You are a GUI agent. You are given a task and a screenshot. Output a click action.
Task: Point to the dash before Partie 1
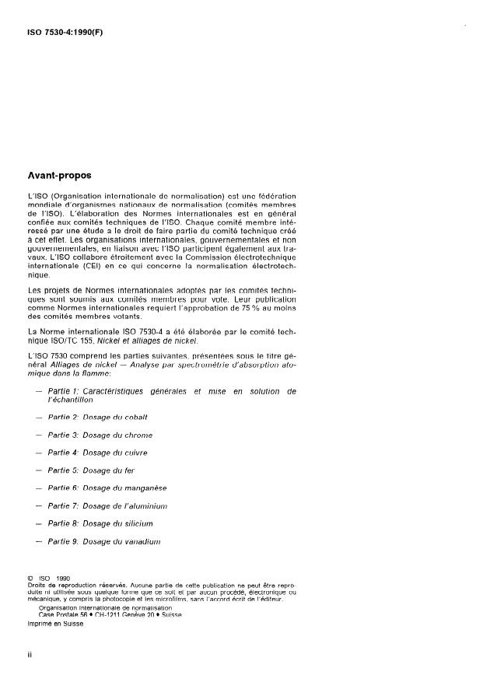[39, 390]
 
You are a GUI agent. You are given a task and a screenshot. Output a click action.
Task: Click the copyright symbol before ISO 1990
[30, 578]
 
